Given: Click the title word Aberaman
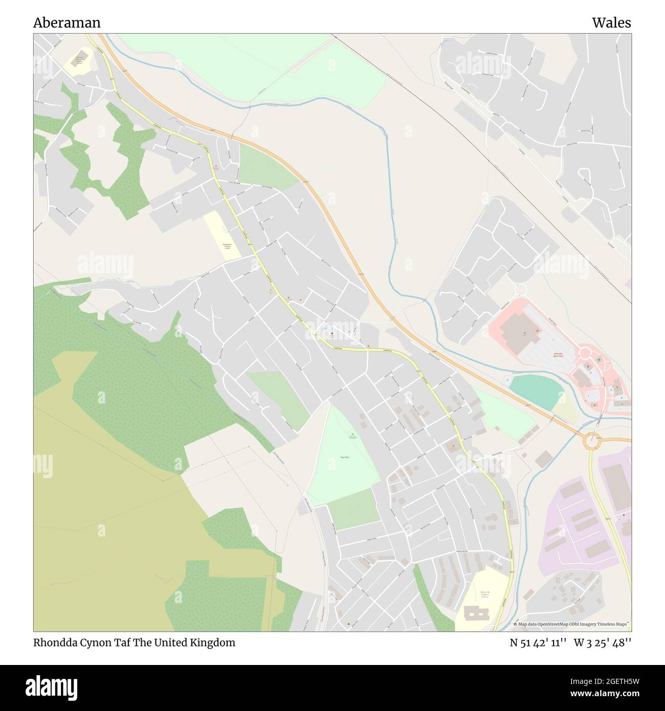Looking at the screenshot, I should (67, 23).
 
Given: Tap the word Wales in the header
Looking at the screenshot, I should (611, 23).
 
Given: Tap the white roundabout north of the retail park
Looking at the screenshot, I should (521, 290).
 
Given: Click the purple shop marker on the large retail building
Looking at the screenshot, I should (524, 334).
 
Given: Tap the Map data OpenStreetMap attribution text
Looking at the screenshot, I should (571, 624).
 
